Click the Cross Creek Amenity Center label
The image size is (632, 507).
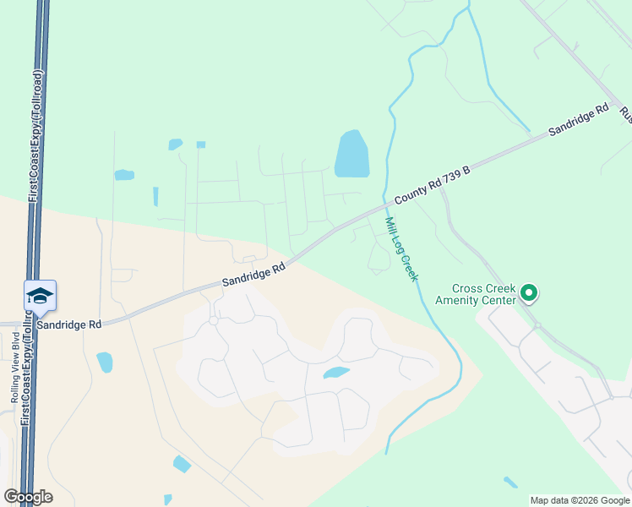point(475,294)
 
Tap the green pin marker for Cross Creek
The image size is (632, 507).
point(529,293)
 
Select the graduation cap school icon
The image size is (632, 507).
point(40,297)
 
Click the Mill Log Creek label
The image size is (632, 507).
point(402,249)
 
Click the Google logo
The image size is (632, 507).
point(28,496)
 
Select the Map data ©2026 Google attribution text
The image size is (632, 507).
point(579,500)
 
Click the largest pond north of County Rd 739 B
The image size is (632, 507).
point(351,154)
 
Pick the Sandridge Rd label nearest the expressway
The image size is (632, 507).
point(69,324)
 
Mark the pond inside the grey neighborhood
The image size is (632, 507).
point(335,373)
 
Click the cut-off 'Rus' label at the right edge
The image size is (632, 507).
point(625,114)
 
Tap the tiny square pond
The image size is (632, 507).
point(200,144)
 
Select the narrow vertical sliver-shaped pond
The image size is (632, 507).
point(155,196)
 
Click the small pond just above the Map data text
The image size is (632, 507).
point(510,482)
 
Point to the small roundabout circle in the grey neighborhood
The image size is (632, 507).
point(214,320)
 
